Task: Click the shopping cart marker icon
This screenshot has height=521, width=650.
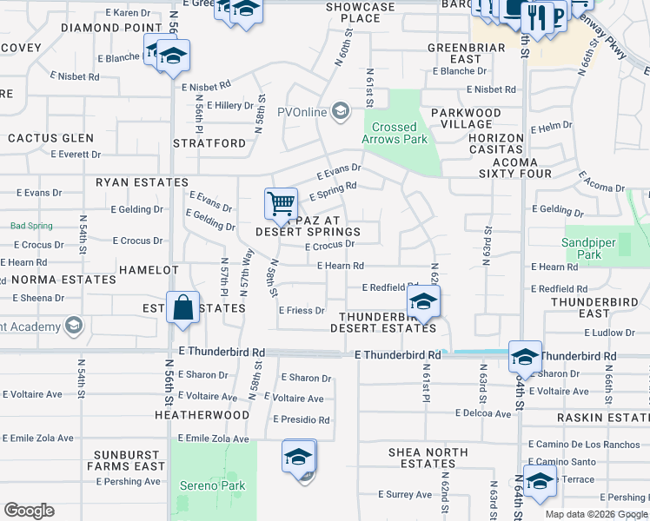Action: coord(281,205)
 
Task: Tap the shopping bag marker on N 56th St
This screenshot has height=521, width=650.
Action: coord(183,308)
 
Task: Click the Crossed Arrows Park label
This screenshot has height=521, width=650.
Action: coord(395,133)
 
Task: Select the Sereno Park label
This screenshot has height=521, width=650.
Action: coord(212,486)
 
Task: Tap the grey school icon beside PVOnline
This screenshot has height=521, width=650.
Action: coord(342,110)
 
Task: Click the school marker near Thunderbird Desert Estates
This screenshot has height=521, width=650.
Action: coord(423,301)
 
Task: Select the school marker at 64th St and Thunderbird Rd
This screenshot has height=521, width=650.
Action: coord(526,357)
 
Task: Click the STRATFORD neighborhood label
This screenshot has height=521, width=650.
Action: coord(209,142)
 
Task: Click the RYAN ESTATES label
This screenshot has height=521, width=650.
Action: coord(142,182)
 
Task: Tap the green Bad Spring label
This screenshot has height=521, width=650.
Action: coord(31,226)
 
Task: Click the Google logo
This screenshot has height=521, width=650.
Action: coord(29,511)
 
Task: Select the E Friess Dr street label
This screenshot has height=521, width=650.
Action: coord(302,310)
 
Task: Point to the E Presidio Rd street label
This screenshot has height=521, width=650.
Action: coord(301,419)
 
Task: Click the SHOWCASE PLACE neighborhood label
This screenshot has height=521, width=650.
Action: coord(361,12)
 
